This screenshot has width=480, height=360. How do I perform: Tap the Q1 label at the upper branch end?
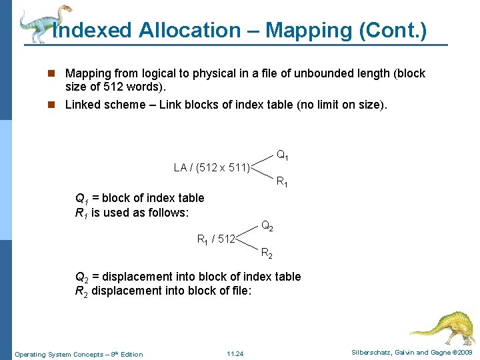point(283,155)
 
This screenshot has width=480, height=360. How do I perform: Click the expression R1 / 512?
point(216,239)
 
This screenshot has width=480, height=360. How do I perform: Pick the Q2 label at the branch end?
point(267,226)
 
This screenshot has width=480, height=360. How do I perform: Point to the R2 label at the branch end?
point(266,253)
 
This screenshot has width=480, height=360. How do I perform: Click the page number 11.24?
point(235,353)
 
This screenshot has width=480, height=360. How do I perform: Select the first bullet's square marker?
point(56,74)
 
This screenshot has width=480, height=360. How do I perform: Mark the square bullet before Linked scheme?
point(56,105)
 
